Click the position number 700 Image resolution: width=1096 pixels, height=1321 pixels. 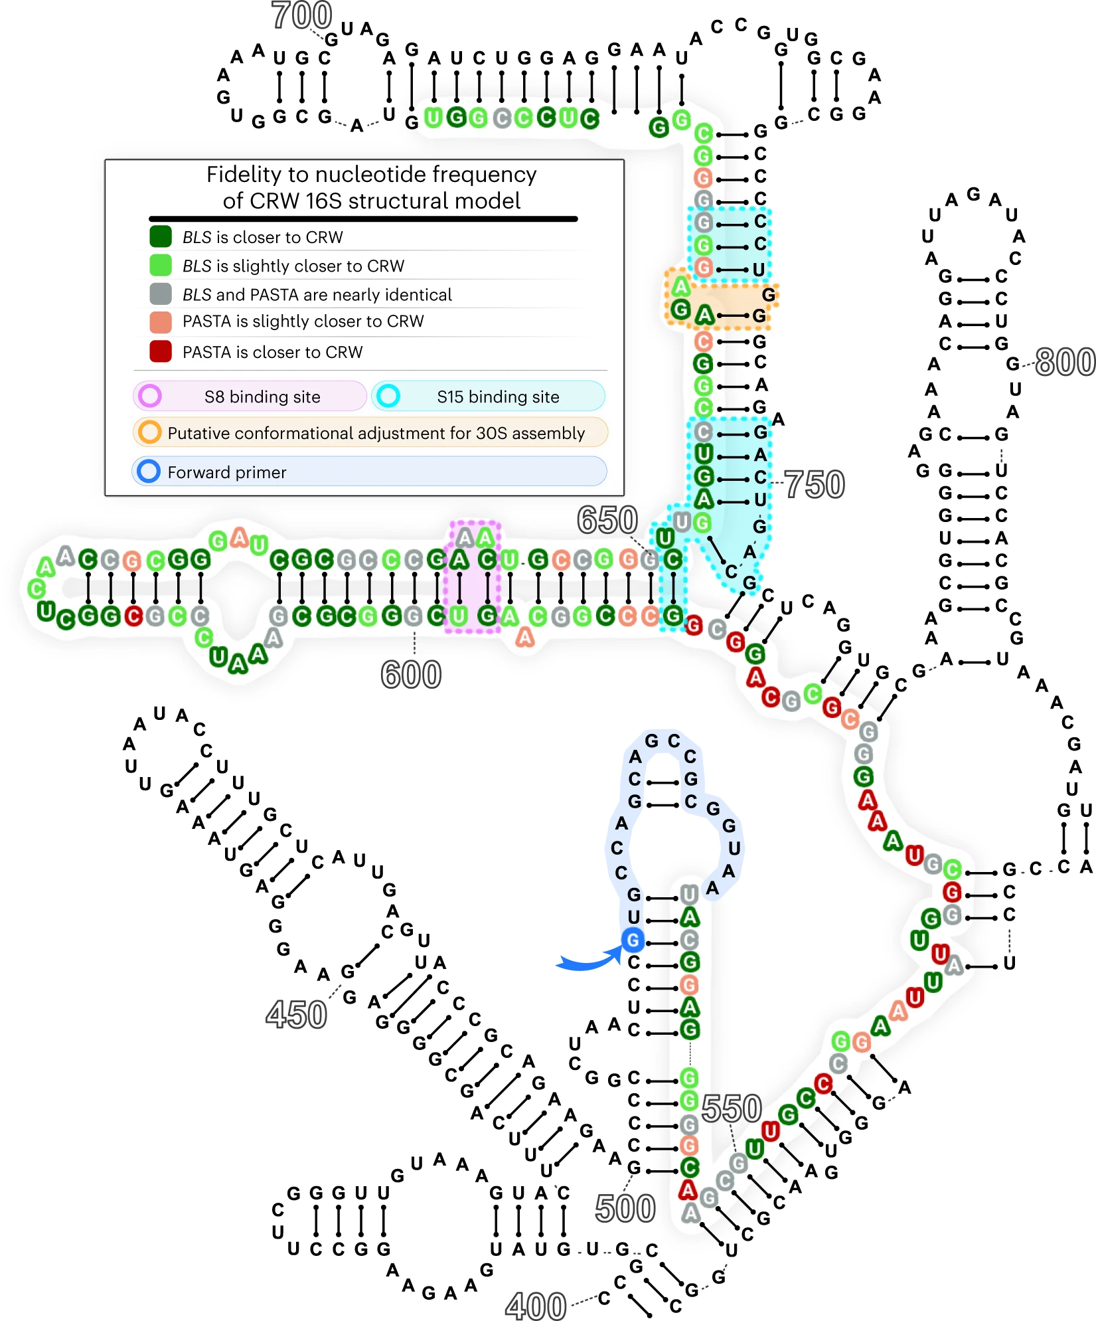tap(301, 15)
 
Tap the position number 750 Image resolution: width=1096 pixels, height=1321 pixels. tap(815, 484)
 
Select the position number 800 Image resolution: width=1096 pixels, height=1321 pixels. tap(1065, 362)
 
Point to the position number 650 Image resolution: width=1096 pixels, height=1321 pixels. tap(607, 519)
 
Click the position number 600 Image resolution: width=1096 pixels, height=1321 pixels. tap(411, 675)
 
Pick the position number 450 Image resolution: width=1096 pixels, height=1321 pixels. tap(296, 1015)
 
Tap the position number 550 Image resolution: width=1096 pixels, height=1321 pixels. tap(732, 1108)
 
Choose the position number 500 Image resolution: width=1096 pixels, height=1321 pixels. tap(625, 1208)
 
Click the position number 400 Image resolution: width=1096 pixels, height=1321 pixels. tap(536, 1306)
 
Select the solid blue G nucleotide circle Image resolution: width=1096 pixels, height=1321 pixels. tap(633, 940)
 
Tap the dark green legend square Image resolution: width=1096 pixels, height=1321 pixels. tap(161, 236)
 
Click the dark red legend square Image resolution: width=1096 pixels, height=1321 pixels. tap(161, 351)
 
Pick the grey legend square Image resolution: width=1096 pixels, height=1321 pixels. tap(161, 294)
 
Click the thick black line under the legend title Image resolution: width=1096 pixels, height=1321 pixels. tap(363, 219)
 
